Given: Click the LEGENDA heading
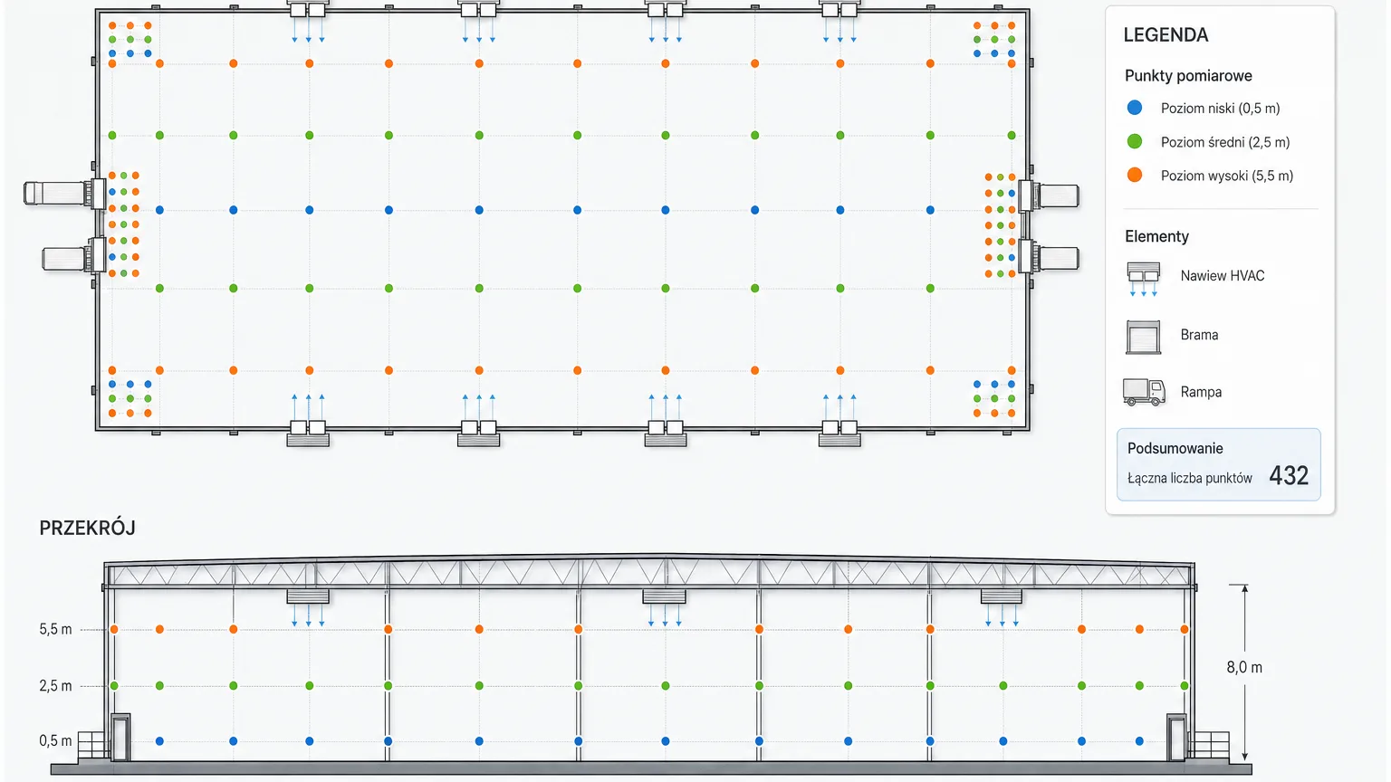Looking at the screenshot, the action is point(1166,34).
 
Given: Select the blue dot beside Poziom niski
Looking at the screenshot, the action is point(1135,108).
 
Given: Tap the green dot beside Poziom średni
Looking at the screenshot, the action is point(1135,141).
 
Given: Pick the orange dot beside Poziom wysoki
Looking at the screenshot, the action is point(1135,175).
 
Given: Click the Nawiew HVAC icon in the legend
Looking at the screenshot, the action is point(1143,279).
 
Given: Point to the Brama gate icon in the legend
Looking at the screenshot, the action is point(1143,337).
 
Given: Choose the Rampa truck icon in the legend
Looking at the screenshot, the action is point(1144,392).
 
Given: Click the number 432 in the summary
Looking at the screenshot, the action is point(1289,476).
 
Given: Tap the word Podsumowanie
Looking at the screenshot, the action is point(1175,448).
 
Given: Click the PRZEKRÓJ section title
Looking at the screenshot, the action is point(87,528).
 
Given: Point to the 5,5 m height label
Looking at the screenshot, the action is point(55,629).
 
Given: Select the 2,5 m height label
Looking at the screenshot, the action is point(55,686).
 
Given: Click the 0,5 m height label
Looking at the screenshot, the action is point(55,741).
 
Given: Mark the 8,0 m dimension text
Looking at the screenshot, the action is point(1243,667).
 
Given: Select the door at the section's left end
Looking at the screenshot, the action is point(120,738).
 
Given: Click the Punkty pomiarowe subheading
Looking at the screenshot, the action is point(1188,76).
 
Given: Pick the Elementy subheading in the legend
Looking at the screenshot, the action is point(1156,236).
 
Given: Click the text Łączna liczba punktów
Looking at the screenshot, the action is point(1189,478).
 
